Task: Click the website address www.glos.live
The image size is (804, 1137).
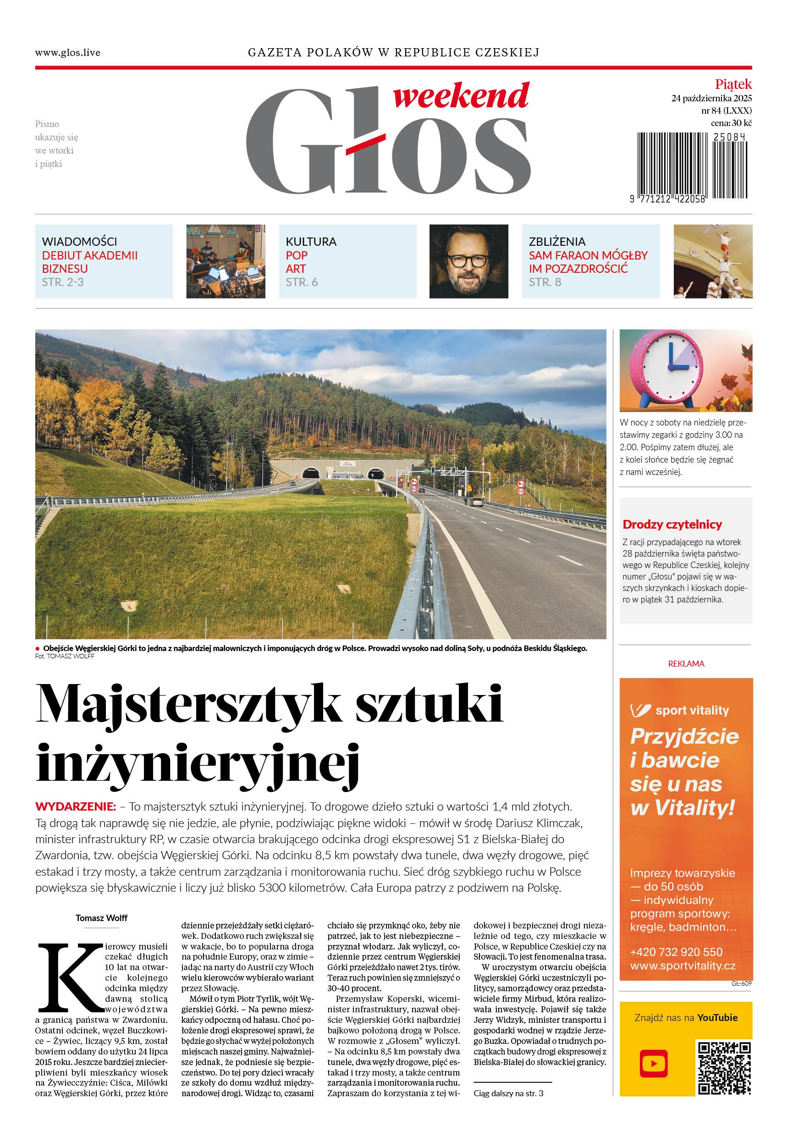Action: (x=67, y=52)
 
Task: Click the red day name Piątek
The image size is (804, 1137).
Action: (x=732, y=84)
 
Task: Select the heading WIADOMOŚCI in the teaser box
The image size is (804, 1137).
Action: (x=79, y=242)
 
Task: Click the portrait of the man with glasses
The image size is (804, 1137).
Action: (x=468, y=261)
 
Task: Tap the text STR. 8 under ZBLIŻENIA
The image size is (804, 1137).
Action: (x=545, y=282)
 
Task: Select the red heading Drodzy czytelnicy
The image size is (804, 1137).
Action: (x=672, y=524)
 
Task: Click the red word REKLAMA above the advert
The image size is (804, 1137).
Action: (x=686, y=663)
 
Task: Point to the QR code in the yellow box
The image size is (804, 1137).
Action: (x=724, y=1068)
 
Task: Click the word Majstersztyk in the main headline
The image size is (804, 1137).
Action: (x=188, y=704)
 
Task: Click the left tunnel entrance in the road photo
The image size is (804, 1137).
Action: (x=310, y=473)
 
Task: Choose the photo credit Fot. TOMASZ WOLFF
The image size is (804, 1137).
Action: (x=64, y=656)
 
